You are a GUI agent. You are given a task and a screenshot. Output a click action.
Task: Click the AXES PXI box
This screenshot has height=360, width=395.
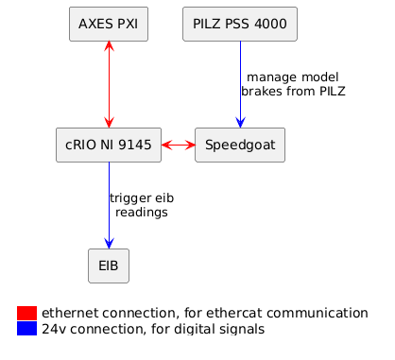(x=109, y=24)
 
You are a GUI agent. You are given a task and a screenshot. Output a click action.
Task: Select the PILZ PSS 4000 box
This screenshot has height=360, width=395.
(x=240, y=24)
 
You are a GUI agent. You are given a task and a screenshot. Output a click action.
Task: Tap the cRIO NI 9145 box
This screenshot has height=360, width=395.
(x=109, y=145)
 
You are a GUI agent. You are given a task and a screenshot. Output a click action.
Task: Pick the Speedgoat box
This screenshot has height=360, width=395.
(x=240, y=145)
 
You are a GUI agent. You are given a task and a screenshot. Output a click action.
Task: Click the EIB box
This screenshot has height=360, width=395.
(x=109, y=266)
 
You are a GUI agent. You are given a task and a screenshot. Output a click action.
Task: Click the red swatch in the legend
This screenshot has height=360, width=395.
(x=27, y=313)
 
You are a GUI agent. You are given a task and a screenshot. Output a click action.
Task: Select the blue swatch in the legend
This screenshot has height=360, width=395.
(x=27, y=329)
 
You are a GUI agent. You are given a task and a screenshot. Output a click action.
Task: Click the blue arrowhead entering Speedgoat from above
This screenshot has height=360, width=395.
(x=240, y=122)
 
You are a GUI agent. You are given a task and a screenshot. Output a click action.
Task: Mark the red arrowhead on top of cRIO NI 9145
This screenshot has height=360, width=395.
(x=109, y=122)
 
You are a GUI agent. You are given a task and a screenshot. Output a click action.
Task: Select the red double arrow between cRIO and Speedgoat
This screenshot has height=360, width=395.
(x=179, y=145)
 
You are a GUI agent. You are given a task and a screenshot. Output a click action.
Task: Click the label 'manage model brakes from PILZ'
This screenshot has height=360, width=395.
(x=292, y=84)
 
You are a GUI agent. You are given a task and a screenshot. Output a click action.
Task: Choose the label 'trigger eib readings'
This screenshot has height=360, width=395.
(x=142, y=205)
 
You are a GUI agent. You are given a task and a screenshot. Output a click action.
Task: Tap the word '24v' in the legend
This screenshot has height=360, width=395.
(x=56, y=329)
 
